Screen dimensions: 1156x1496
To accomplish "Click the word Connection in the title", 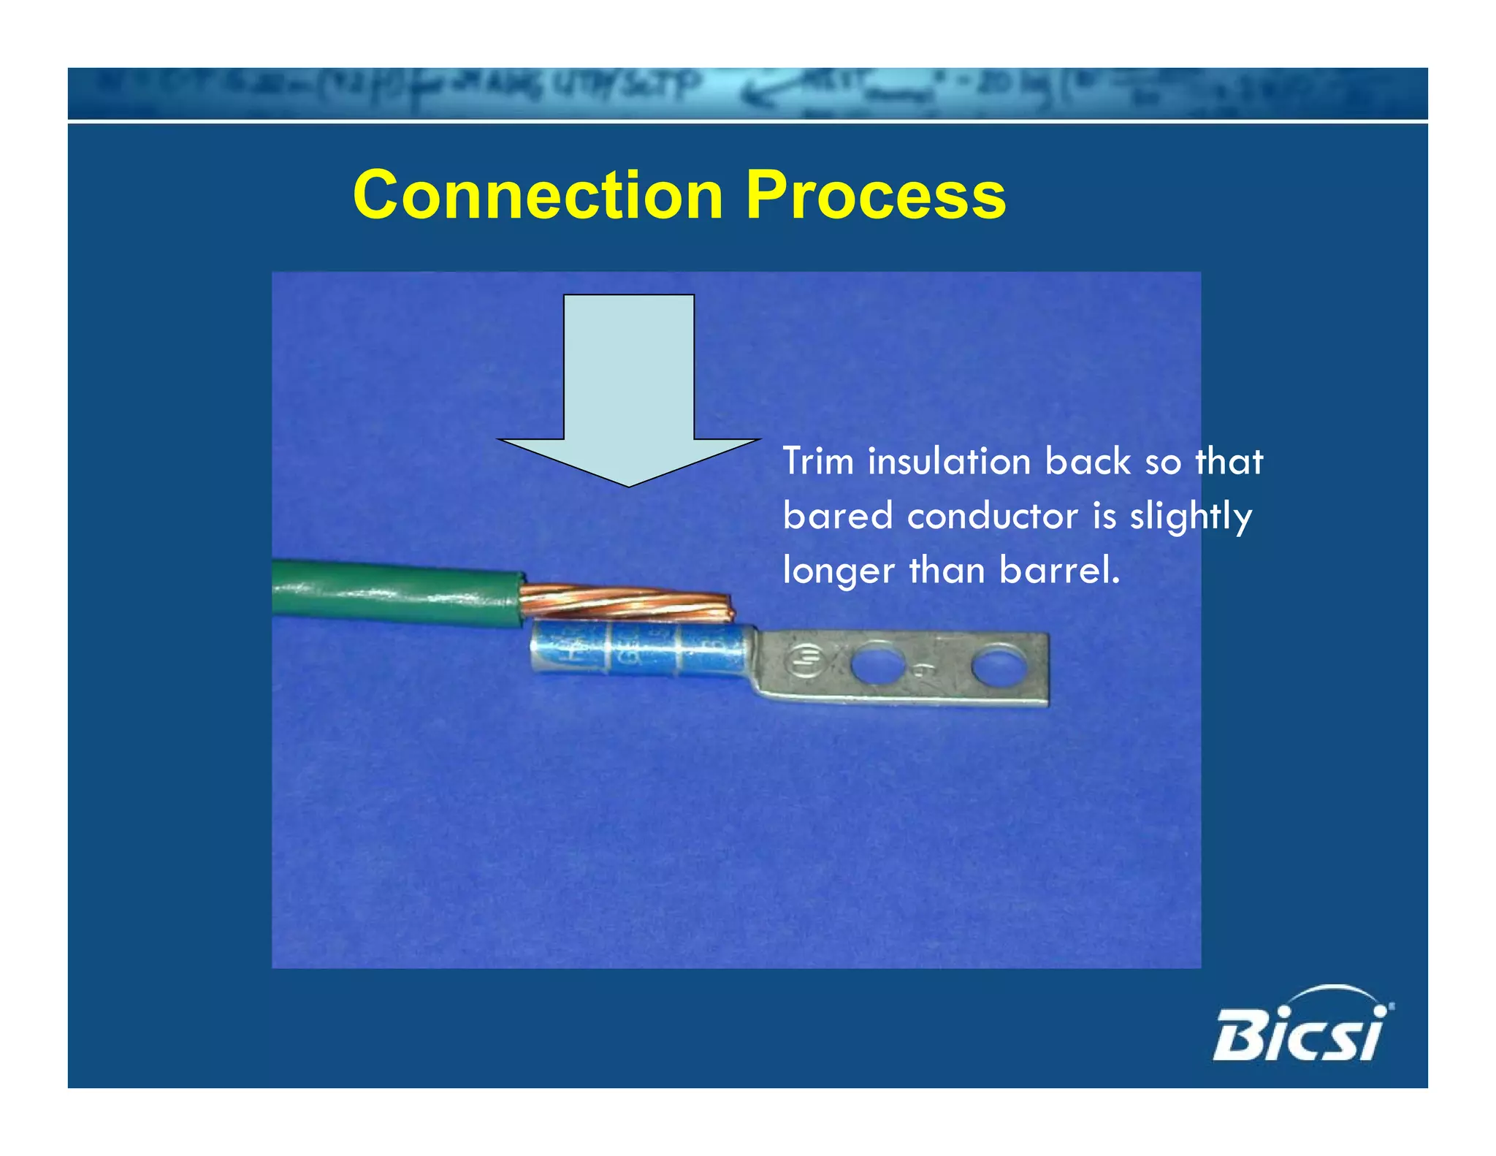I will pos(538,195).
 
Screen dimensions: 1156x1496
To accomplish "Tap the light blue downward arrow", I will pos(628,380).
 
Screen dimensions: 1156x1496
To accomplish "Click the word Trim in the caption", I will pos(818,462).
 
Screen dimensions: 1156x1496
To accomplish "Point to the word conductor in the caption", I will pos(992,517).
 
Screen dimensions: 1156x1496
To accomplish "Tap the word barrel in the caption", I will pos(1058,571).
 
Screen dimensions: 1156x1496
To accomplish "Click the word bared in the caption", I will pos(838,517).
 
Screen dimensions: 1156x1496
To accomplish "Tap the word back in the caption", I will pos(1088,462).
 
